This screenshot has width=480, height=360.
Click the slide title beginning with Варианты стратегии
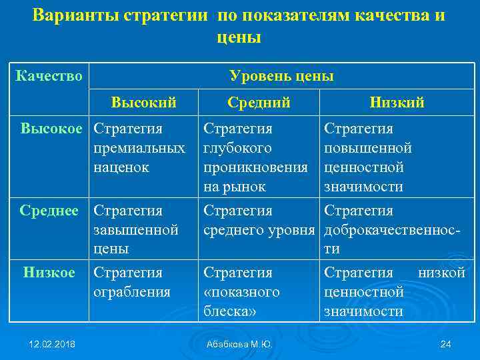pos(239,25)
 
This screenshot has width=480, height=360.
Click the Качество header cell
pos(49,76)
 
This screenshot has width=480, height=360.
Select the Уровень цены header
pos(281,76)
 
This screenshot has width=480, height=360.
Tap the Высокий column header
pos(143,103)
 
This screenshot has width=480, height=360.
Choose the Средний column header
pos(259,103)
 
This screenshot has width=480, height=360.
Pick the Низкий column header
pos(397,103)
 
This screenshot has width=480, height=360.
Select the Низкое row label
pos(49,272)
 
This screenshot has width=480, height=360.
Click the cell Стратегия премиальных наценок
pos(139,147)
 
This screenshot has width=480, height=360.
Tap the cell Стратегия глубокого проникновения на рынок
pos(255,157)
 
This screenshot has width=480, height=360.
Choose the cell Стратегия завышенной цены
pos(136,230)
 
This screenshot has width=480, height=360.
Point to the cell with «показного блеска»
pos(241,292)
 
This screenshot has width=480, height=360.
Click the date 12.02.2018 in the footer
pos(51,343)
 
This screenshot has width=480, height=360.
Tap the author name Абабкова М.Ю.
pos(239,343)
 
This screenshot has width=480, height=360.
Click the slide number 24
pos(446,343)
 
